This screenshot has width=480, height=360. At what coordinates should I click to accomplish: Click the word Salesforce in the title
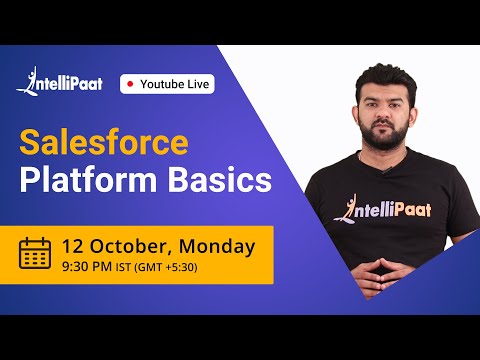pyautogui.click(x=105, y=142)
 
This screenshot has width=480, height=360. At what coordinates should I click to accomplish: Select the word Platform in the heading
pyautogui.click(x=83, y=181)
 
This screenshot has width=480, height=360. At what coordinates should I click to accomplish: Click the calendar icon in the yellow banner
pyautogui.click(x=35, y=253)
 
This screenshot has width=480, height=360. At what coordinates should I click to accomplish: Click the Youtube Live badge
pyautogui.click(x=167, y=84)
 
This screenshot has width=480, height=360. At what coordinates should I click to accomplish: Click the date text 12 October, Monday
pyautogui.click(x=157, y=245)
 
